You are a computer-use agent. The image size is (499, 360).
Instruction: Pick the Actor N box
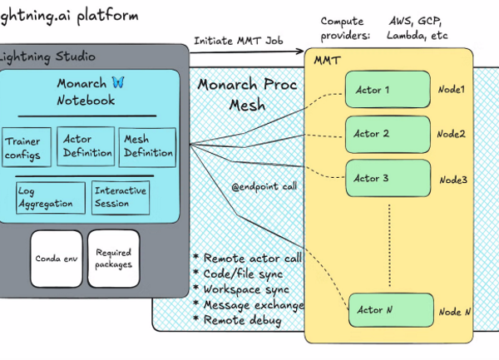(392, 310)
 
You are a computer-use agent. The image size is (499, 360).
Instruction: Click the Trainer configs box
(27, 147)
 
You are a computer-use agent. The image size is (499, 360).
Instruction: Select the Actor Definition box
(87, 145)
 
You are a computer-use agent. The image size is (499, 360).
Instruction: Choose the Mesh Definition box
(147, 146)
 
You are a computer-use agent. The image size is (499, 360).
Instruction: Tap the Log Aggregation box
(50, 197)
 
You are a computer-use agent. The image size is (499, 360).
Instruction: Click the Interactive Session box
(120, 197)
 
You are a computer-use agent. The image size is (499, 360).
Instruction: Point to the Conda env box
(56, 259)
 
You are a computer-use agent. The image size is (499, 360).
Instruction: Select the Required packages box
(114, 259)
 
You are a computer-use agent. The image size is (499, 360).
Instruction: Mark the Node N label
(455, 312)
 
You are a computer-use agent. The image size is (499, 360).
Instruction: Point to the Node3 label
(453, 180)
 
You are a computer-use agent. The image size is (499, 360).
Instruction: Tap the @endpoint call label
(264, 186)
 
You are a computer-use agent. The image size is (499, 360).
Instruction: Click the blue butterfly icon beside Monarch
(118, 83)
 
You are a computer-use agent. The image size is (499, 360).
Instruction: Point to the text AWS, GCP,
(417, 21)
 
